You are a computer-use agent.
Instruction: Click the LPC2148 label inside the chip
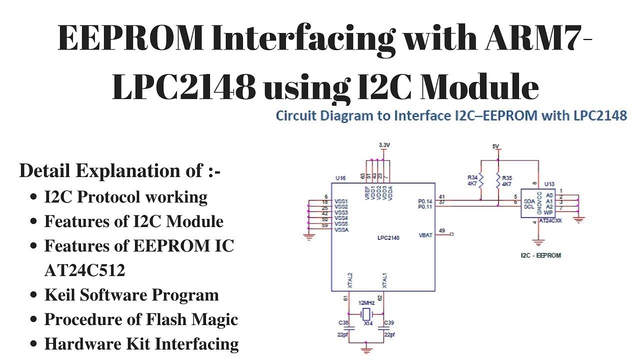[388, 237]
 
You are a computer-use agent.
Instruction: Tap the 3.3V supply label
[384, 144]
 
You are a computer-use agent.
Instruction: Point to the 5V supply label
[495, 146]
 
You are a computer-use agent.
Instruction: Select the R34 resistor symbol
[481, 180]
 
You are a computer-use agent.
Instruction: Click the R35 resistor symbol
[498, 180]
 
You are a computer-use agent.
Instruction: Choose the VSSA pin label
[341, 229]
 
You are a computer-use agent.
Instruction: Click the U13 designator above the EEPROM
[549, 184]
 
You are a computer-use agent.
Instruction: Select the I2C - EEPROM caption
[540, 255]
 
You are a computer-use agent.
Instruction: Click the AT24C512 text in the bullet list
[84, 270]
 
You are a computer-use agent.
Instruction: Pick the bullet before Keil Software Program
[34, 295]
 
